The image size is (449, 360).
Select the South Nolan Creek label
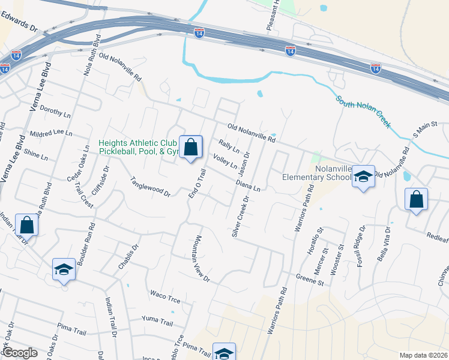[x=363, y=112]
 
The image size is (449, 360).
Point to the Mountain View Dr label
[x=201, y=259]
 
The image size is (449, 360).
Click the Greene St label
[x=310, y=278]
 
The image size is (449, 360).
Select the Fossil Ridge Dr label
[x=362, y=243]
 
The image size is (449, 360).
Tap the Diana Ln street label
[x=248, y=184]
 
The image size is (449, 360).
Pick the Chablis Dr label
[x=128, y=256]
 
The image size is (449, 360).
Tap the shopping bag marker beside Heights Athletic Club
[x=190, y=147]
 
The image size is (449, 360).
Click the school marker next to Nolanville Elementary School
[x=363, y=176]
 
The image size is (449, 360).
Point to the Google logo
[x=19, y=353]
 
